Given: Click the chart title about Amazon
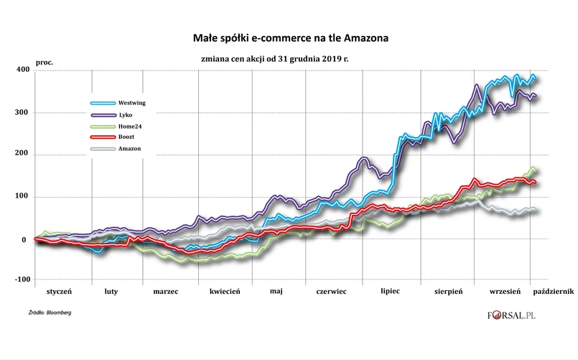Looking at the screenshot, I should [289, 35].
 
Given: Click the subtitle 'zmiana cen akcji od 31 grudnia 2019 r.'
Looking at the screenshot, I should [289, 57].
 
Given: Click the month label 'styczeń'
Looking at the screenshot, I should [60, 293].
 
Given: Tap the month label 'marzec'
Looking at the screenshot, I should [166, 293].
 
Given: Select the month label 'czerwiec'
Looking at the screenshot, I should [327, 293].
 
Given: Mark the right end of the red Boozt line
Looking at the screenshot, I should [536, 183].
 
